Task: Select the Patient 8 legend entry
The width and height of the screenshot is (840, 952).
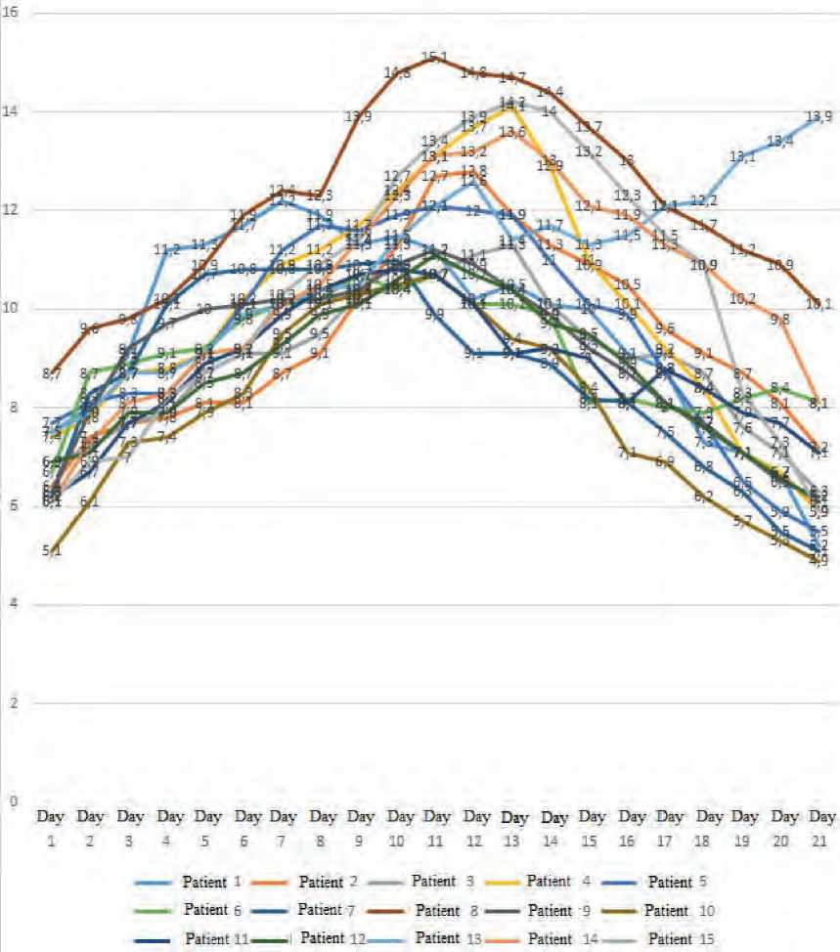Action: (x=449, y=910)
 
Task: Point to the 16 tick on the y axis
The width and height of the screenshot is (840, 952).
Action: (x=10, y=14)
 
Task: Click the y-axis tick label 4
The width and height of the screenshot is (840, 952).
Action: (x=10, y=605)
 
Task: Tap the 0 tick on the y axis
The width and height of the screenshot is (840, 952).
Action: (x=10, y=801)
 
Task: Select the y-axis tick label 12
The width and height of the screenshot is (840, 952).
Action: (x=10, y=211)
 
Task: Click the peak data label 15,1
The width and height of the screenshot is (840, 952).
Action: (x=435, y=58)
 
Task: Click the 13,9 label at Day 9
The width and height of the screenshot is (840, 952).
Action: (x=359, y=117)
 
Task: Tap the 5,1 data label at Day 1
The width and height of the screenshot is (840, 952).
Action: (x=52, y=551)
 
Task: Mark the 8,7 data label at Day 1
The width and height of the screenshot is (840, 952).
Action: (x=53, y=373)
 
